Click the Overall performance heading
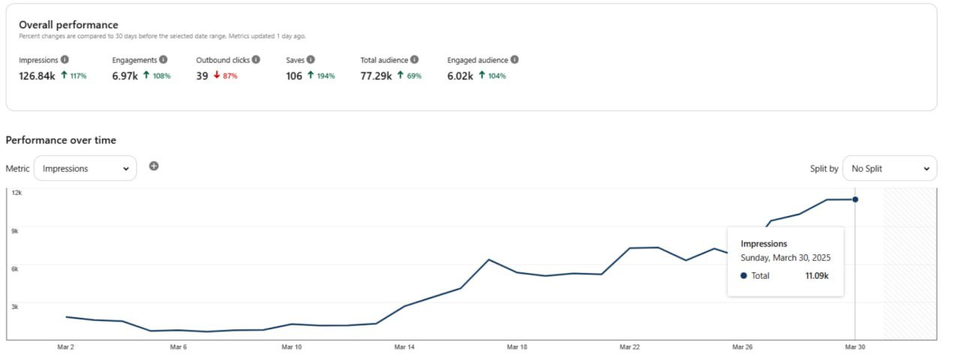pos(68,25)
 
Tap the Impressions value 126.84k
pos(37,76)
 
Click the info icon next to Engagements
pos(163,59)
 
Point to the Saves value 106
pos(294,76)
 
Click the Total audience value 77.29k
pos(376,76)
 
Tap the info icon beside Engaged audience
pos(514,59)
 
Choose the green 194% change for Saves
pos(321,76)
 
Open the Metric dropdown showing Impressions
pos(85,169)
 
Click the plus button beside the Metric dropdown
pos(154,166)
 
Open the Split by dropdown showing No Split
pos(889,169)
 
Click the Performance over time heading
pos(61,140)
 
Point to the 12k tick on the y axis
pos(16,193)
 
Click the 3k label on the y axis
pos(15,306)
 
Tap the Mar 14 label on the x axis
pos(404,347)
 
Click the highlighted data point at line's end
pos(856,199)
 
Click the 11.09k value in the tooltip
pos(816,276)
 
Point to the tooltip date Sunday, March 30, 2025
pos(785,258)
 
